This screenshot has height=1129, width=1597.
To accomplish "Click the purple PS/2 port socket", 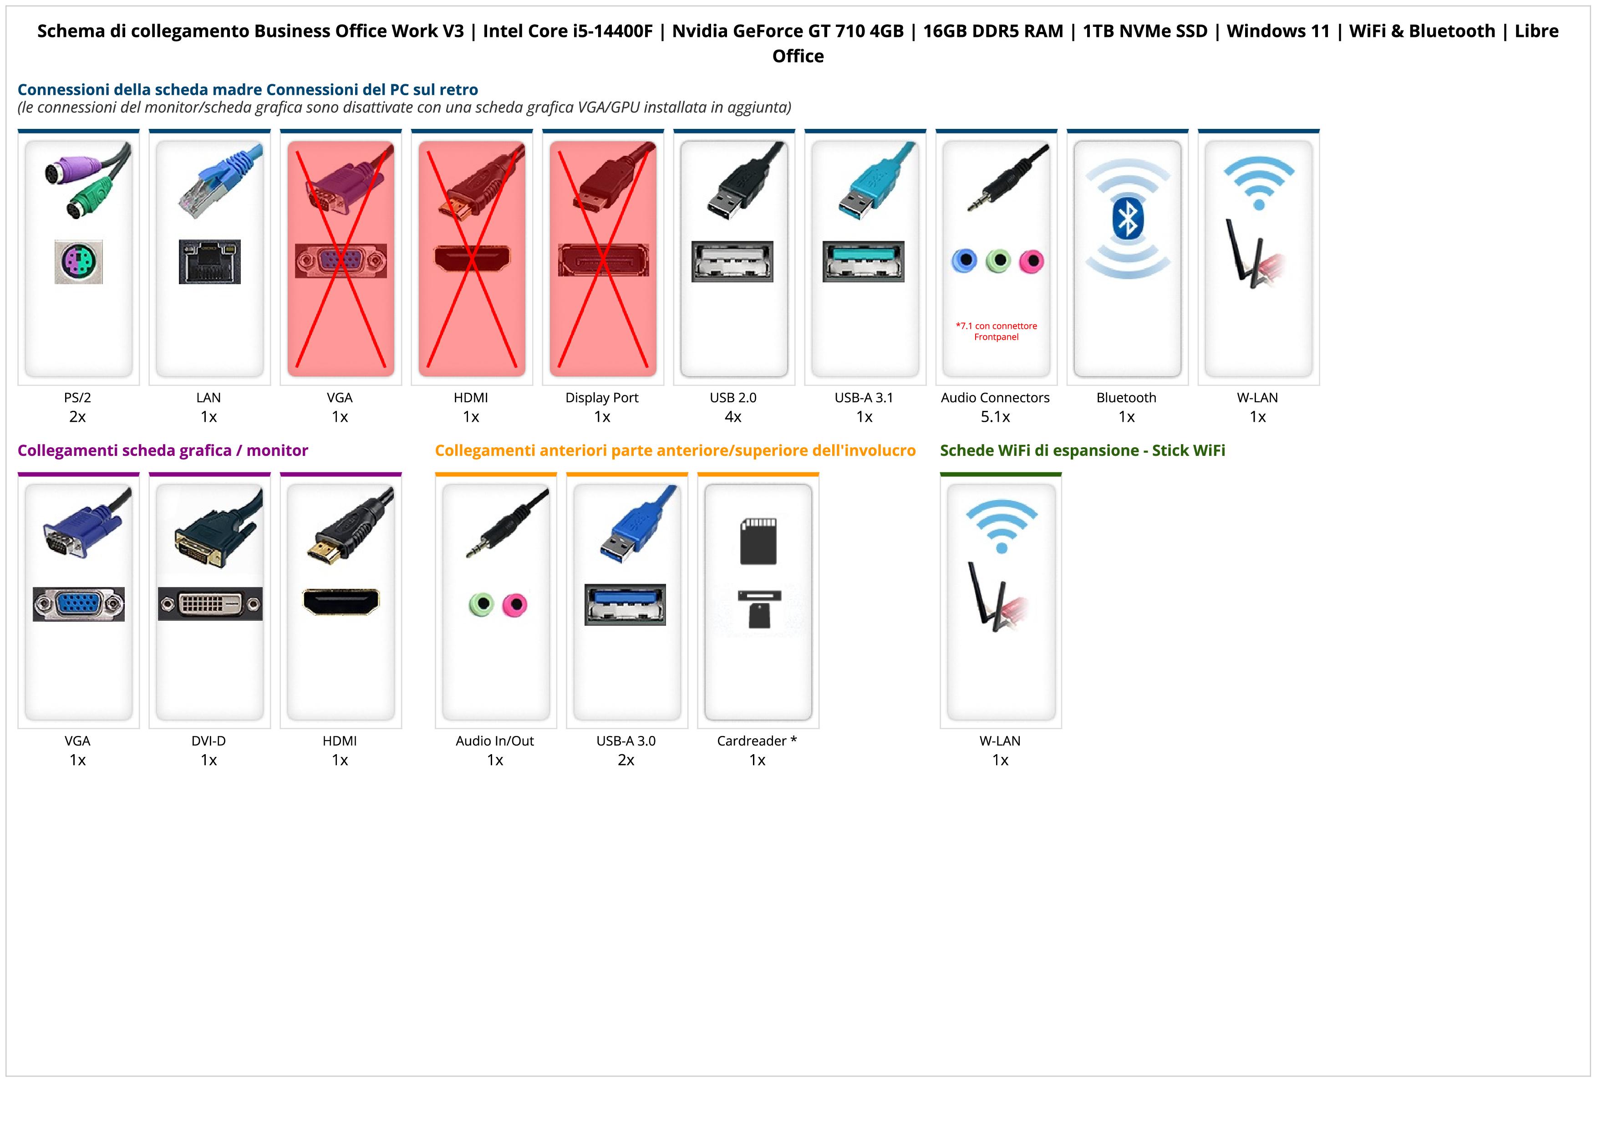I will [79, 261].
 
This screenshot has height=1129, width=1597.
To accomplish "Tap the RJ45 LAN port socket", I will [209, 261].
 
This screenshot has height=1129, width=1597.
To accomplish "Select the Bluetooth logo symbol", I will [1127, 219].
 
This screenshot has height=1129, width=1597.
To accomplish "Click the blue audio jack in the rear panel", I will [964, 261].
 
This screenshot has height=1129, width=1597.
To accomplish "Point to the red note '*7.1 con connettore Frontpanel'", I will [996, 331].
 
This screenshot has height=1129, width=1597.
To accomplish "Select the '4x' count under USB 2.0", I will [733, 417].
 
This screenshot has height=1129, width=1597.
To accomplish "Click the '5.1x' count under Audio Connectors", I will [995, 417].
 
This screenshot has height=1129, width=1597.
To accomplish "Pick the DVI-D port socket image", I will [210, 604].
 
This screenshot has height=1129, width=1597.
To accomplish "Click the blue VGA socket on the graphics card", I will [79, 604].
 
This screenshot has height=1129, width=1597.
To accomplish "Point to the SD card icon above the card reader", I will [758, 541].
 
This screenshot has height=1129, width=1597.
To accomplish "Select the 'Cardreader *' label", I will [757, 741].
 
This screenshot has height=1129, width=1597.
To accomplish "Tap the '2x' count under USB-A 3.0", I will [626, 760].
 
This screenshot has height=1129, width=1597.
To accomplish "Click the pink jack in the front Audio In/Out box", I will [515, 604].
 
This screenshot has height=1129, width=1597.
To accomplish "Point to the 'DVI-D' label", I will [209, 741].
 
